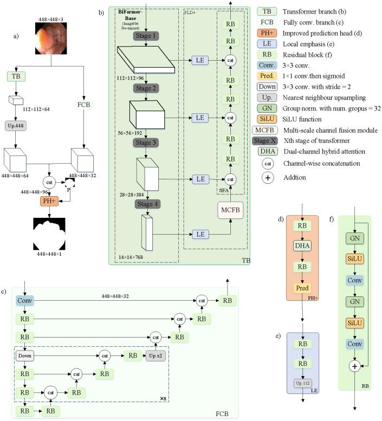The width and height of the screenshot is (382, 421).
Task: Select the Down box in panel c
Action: click(x=25, y=355)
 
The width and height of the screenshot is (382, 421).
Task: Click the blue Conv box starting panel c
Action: click(x=25, y=301)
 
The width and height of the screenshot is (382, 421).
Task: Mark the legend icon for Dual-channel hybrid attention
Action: click(x=267, y=151)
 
